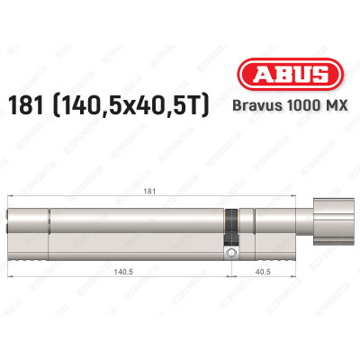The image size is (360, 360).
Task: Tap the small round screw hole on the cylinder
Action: coord(233,256)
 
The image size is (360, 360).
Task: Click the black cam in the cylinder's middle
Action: coord(233,225)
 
